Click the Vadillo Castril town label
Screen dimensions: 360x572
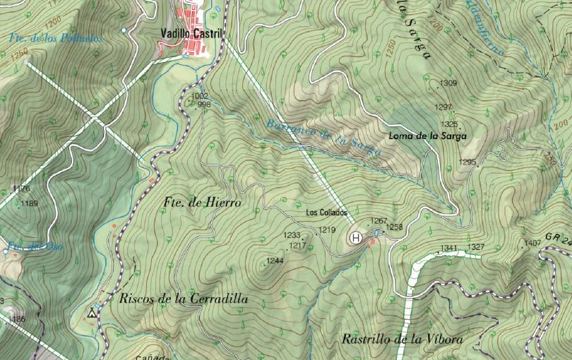(191, 33)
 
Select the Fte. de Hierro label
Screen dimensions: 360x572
(201, 203)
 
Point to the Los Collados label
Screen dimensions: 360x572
(327, 212)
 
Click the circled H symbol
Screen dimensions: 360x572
(357, 238)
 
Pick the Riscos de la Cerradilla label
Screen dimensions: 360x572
(184, 299)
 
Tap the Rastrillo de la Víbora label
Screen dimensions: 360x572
(402, 340)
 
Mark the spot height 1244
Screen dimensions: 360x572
(275, 260)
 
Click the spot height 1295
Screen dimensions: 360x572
(467, 162)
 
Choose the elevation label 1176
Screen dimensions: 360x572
(22, 188)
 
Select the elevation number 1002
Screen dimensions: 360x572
(201, 96)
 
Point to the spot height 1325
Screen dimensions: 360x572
(449, 124)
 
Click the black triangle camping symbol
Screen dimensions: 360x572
(92, 312)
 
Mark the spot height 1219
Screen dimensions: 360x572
(327, 230)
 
